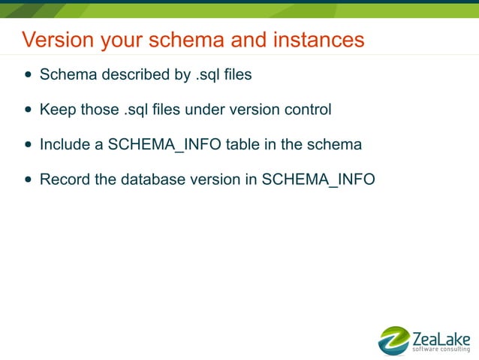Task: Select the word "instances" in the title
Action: [322, 39]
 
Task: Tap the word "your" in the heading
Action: [106, 39]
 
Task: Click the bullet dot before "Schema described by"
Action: [29, 75]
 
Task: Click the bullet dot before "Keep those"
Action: [29, 110]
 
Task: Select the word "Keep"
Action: [56, 110]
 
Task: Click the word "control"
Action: [306, 110]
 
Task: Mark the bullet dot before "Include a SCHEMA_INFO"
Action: [29, 144]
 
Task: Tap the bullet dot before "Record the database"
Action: [29, 180]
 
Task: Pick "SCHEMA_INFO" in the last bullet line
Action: [318, 180]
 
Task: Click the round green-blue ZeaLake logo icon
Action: [393, 340]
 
